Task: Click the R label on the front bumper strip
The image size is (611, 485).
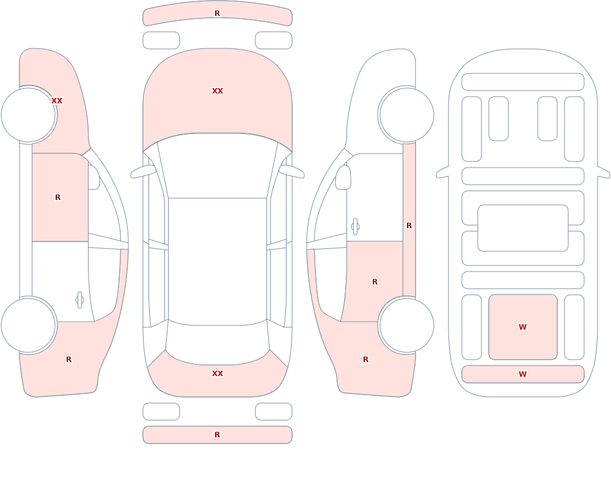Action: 217,13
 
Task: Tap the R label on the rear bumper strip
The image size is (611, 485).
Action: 217,435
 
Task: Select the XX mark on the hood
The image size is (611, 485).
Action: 218,91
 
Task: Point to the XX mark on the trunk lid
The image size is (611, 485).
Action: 218,374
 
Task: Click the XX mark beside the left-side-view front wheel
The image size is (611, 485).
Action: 57,101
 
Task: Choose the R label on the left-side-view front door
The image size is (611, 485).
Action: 57,198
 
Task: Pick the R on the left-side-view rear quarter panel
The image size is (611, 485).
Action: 68,360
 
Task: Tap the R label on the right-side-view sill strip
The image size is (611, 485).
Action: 409,226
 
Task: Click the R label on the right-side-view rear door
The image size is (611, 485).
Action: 375,282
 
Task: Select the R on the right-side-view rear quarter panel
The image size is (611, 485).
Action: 365,360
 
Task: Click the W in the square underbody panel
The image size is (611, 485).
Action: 522,327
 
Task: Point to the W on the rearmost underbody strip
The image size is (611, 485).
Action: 522,374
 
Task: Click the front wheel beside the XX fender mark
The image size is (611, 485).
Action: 29,115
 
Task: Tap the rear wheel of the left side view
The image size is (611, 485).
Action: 29,325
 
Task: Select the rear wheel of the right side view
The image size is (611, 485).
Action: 406,325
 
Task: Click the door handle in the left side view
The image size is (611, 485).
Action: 79,300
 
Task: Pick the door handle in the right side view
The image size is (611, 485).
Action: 355,227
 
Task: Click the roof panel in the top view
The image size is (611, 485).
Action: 218,261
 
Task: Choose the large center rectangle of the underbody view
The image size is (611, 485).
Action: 523,228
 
